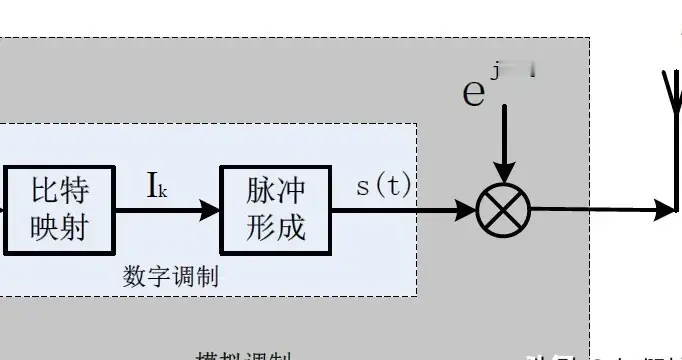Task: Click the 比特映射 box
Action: coord(60,210)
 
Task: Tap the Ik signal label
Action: coord(156,186)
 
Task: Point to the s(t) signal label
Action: coord(383,186)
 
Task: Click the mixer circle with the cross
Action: coord(503,211)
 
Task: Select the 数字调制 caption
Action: coord(170,276)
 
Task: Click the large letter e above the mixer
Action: coord(473,91)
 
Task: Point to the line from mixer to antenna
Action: coord(600,210)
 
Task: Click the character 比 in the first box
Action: coord(46,191)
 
